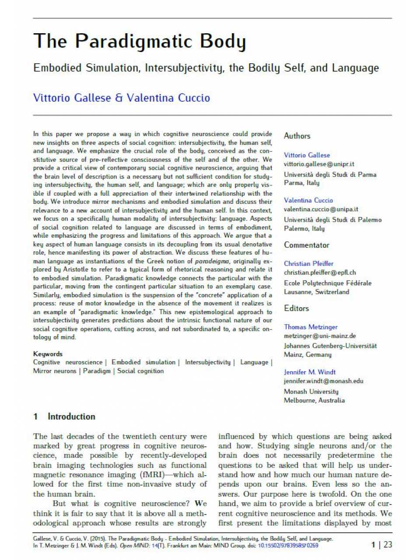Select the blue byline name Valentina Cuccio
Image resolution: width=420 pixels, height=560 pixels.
(168, 98)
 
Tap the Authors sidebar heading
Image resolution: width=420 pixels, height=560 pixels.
(297, 136)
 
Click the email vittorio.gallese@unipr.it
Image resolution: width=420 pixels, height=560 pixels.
(319, 164)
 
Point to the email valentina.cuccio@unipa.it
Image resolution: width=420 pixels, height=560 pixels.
(321, 209)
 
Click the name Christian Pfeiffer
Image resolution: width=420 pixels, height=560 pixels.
(308, 263)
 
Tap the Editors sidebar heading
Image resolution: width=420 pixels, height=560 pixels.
(296, 308)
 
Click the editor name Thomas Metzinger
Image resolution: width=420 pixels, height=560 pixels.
(311, 327)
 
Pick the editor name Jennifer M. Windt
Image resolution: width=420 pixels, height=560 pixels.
(310, 372)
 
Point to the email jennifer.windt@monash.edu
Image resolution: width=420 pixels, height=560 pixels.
(323, 381)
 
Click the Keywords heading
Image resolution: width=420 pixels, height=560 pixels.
(48, 354)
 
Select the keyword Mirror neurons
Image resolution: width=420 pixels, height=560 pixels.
(55, 371)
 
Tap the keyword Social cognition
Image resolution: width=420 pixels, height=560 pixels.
(140, 371)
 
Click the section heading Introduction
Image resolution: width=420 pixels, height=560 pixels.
(71, 416)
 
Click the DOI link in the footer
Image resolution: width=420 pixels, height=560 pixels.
(288, 546)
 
